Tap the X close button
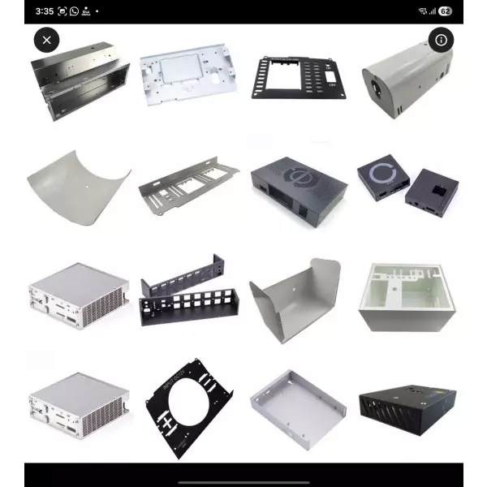click(46, 40)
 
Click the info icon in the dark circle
click(441, 40)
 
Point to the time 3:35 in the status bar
click(45, 11)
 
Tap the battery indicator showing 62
click(445, 11)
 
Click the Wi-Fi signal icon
click(423, 11)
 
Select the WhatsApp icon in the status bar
click(75, 11)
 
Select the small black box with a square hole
click(431, 190)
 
